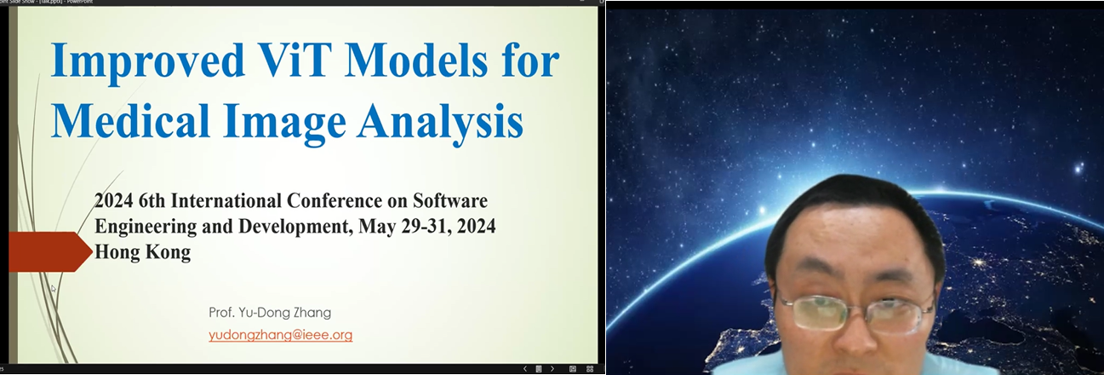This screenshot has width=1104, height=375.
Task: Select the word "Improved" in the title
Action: [x=147, y=62]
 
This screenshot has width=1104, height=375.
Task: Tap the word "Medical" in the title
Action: [x=130, y=120]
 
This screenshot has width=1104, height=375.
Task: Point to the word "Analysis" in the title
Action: [x=440, y=123]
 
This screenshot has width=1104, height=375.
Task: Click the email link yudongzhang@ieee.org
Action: [x=280, y=335]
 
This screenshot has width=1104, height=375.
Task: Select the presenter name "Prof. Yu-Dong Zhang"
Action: [x=270, y=312]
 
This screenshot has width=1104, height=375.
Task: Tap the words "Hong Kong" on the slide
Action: [x=142, y=252]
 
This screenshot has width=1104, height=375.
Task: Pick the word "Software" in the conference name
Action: [x=450, y=201]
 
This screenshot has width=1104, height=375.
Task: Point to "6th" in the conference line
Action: [x=152, y=201]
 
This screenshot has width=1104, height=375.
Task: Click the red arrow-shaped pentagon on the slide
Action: [x=50, y=251]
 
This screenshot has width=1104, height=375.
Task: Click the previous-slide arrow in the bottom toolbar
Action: [x=525, y=368]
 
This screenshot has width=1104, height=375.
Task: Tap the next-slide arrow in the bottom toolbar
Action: [x=552, y=368]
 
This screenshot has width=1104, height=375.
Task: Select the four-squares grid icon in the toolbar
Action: [x=590, y=368]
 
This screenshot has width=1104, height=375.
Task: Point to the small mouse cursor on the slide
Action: [x=54, y=289]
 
